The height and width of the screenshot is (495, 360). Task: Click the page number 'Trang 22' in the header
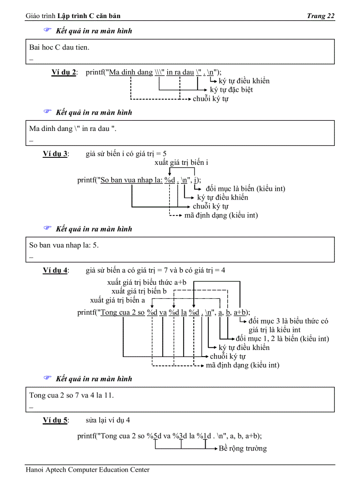[x=321, y=16]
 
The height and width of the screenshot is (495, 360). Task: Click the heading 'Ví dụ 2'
[x=64, y=72]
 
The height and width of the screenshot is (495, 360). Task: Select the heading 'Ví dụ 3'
[x=55, y=154]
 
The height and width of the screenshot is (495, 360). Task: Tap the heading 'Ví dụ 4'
[x=55, y=270]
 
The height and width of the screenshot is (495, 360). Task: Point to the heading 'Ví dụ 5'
[x=55, y=420]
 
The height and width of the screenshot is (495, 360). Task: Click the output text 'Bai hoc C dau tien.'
[x=59, y=47]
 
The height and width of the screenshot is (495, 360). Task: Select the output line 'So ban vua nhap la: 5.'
[x=64, y=245]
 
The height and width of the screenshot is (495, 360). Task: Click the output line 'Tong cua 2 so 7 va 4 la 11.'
[x=71, y=395]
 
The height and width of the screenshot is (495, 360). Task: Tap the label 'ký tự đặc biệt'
[x=231, y=90]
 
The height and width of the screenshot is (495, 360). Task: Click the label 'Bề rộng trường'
[x=243, y=449]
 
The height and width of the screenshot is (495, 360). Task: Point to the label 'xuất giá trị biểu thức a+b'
[x=147, y=283]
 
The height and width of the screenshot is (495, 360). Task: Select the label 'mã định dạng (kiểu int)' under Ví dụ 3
[x=221, y=215]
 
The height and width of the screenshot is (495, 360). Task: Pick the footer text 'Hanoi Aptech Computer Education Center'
[x=88, y=470]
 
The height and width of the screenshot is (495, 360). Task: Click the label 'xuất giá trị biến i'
[x=181, y=163]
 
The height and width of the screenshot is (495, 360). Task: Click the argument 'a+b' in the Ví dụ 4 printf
[x=240, y=313]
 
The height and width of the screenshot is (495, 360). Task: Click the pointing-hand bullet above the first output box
[x=47, y=31]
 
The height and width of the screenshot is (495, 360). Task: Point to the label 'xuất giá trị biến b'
[x=139, y=291]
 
